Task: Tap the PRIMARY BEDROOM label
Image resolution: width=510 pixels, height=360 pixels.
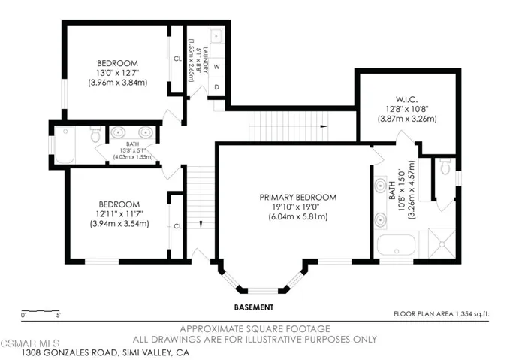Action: click(297, 197)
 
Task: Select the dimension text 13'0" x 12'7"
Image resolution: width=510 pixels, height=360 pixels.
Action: click(117, 72)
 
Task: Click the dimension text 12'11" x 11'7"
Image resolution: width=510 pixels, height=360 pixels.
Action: click(118, 213)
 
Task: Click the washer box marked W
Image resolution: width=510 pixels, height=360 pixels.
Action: click(216, 66)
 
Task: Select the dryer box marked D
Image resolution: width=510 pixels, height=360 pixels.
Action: click(216, 86)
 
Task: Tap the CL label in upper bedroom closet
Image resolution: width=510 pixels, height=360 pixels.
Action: click(177, 58)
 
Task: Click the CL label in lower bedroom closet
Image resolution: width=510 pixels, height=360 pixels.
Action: click(177, 226)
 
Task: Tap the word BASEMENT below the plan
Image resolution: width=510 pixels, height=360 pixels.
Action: click(252, 307)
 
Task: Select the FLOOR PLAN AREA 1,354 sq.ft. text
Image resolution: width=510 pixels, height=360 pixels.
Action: click(442, 313)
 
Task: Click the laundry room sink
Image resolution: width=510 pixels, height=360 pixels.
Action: click(216, 35)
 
